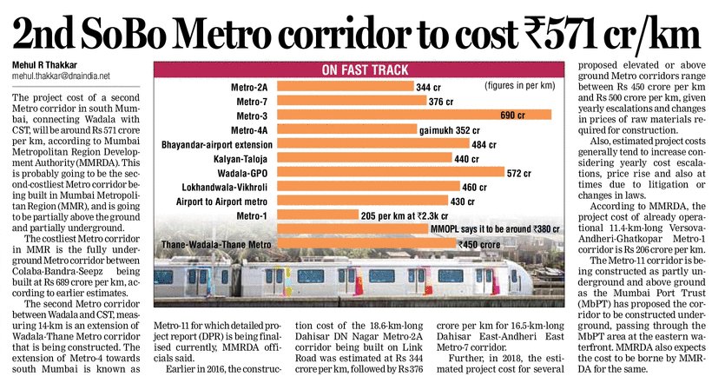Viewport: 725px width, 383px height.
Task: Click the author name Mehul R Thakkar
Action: (x=43, y=65)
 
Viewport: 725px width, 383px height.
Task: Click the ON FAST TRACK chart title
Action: (x=358, y=69)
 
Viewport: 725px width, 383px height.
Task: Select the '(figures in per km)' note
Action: (x=504, y=88)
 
